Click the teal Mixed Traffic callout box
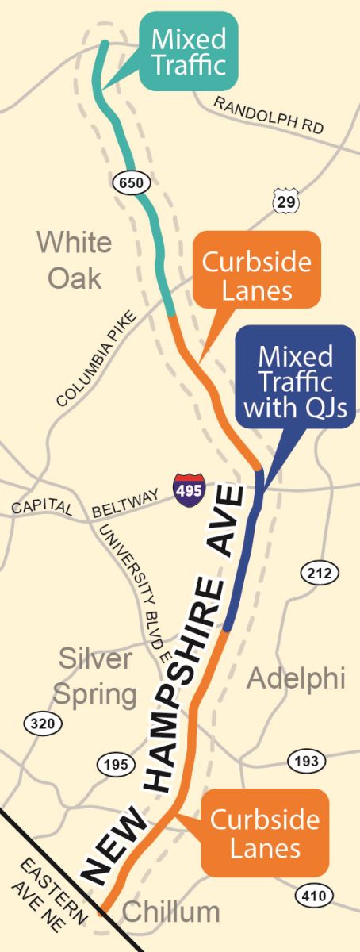coord(189,50)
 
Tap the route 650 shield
coord(129,183)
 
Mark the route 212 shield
coord(320,571)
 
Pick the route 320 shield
coord(40,722)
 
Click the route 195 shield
coord(113,765)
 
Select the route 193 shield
coord(304,759)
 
